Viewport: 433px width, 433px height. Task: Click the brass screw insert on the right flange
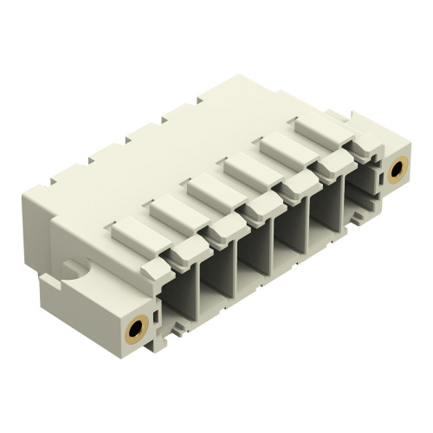click(397, 168)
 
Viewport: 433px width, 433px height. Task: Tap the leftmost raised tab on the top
click(132, 229)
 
